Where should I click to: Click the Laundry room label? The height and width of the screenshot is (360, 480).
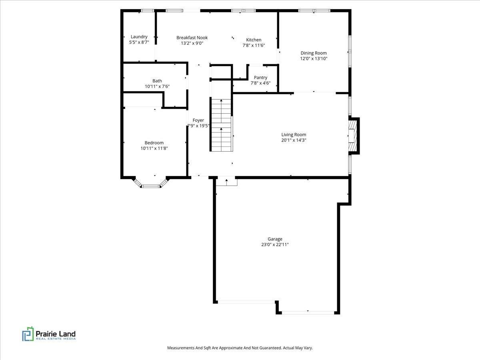click(x=139, y=37)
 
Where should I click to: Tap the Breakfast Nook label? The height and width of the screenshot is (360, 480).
click(x=192, y=38)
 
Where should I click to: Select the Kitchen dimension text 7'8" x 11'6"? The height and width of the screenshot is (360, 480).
click(x=254, y=45)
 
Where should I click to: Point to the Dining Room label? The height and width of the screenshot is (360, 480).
click(x=314, y=53)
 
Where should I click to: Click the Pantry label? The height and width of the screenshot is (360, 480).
click(x=260, y=78)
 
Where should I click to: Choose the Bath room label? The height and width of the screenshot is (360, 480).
click(x=157, y=81)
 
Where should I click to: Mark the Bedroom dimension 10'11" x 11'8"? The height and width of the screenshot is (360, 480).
click(x=154, y=148)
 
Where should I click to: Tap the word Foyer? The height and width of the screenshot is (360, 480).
click(x=198, y=120)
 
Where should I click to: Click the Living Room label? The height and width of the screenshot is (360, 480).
click(x=294, y=135)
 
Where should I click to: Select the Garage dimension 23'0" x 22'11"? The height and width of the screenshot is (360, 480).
click(x=275, y=244)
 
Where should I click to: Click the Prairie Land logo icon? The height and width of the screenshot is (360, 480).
click(x=28, y=334)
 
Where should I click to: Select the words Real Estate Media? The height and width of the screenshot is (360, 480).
click(x=56, y=339)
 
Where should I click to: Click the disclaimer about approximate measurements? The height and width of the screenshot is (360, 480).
click(x=240, y=348)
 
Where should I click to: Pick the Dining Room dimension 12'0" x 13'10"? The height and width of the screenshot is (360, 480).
click(x=314, y=58)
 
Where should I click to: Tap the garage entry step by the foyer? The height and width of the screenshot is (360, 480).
click(x=227, y=182)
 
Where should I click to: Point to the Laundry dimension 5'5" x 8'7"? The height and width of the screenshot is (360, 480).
click(x=139, y=42)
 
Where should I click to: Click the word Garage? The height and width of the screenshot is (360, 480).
click(x=275, y=239)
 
